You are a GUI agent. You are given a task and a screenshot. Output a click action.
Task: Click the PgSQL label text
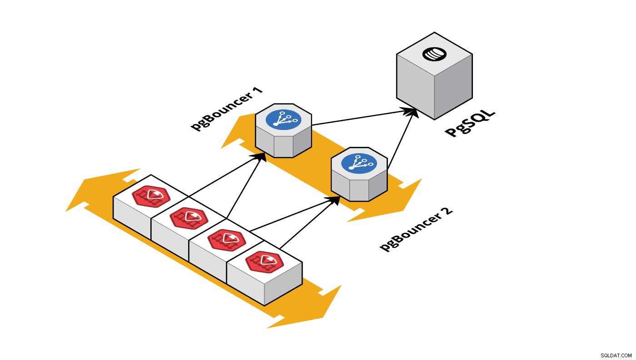click(x=470, y=124)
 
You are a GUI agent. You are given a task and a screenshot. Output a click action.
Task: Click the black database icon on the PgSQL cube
click(x=434, y=54)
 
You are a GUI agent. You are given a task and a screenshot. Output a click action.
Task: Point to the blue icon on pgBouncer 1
click(x=283, y=120)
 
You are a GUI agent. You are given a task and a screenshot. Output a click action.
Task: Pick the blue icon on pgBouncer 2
click(x=359, y=163)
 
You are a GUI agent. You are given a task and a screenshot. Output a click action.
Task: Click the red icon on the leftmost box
click(x=151, y=196)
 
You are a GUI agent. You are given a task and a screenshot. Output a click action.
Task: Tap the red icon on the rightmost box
click(x=264, y=262)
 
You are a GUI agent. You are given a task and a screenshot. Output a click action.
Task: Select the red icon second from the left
click(x=189, y=218)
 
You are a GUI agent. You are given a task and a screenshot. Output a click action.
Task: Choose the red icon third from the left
click(x=227, y=240)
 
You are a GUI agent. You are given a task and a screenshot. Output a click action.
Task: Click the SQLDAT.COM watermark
click(x=616, y=355)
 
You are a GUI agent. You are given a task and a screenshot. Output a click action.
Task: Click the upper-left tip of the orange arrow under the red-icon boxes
click(x=66, y=211)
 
